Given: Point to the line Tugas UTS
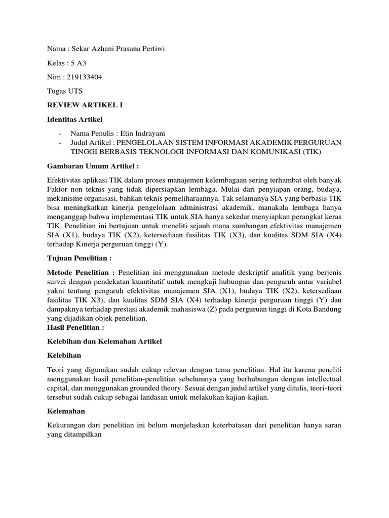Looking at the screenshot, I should pos(65,92).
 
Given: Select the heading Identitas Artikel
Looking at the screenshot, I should pos(74,120).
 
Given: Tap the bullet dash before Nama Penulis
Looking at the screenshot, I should pos(61,133).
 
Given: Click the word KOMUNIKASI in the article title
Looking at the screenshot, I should pos(273,152).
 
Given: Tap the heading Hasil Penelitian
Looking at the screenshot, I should pos(75,328).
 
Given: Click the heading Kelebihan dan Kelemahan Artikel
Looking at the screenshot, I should pos(104,342).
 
